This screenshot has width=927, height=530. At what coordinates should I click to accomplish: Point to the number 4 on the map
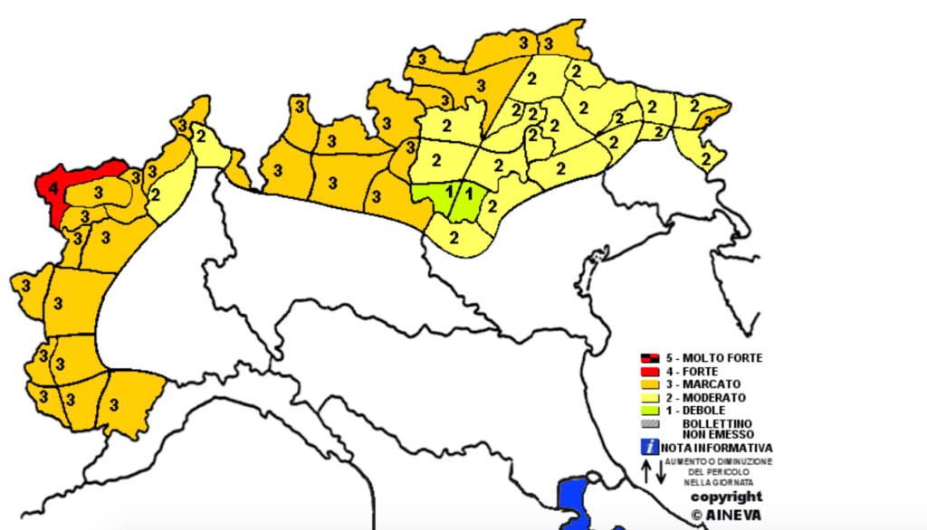pyautogui.click(x=54, y=189)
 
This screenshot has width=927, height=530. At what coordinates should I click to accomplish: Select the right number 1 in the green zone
pyautogui.click(x=469, y=193)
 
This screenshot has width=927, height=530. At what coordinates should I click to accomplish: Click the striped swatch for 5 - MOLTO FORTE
pyautogui.click(x=648, y=358)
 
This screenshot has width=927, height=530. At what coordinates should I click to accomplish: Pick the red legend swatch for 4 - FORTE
pyautogui.click(x=648, y=372)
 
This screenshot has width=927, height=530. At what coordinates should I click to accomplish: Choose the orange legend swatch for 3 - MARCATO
pyautogui.click(x=648, y=384)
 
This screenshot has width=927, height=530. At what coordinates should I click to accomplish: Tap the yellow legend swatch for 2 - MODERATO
pyautogui.click(x=648, y=398)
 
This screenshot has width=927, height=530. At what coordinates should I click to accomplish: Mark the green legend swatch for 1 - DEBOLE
pyautogui.click(x=648, y=411)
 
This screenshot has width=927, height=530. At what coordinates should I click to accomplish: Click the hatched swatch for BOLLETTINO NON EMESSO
pyautogui.click(x=648, y=423)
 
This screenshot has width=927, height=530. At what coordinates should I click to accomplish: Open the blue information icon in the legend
pyautogui.click(x=649, y=447)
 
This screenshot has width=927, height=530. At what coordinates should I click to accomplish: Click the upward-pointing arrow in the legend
pyautogui.click(x=646, y=470)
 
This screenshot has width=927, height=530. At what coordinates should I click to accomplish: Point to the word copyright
pyautogui.click(x=726, y=497)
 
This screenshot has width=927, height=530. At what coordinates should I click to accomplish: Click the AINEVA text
pyautogui.click(x=733, y=514)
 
